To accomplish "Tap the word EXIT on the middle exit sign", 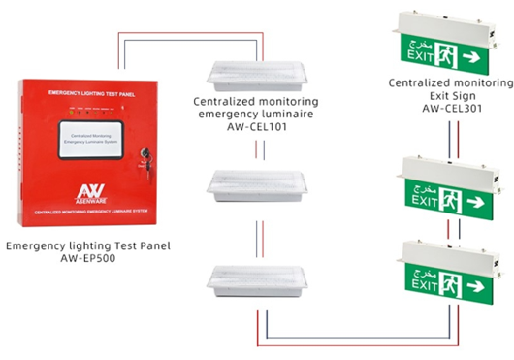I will click(x=424, y=200).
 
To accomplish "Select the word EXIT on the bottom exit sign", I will click(x=423, y=288).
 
